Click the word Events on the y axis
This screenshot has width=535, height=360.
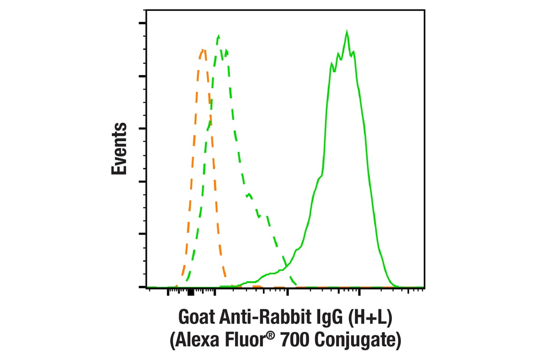(x=120, y=149)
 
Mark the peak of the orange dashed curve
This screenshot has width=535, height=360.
(x=203, y=49)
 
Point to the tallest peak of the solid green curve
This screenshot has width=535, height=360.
(x=347, y=32)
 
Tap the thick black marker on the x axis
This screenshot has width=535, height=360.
(x=190, y=293)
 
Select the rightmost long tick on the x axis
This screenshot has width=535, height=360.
(x=359, y=292)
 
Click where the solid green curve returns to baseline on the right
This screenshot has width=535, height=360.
(x=397, y=285)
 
